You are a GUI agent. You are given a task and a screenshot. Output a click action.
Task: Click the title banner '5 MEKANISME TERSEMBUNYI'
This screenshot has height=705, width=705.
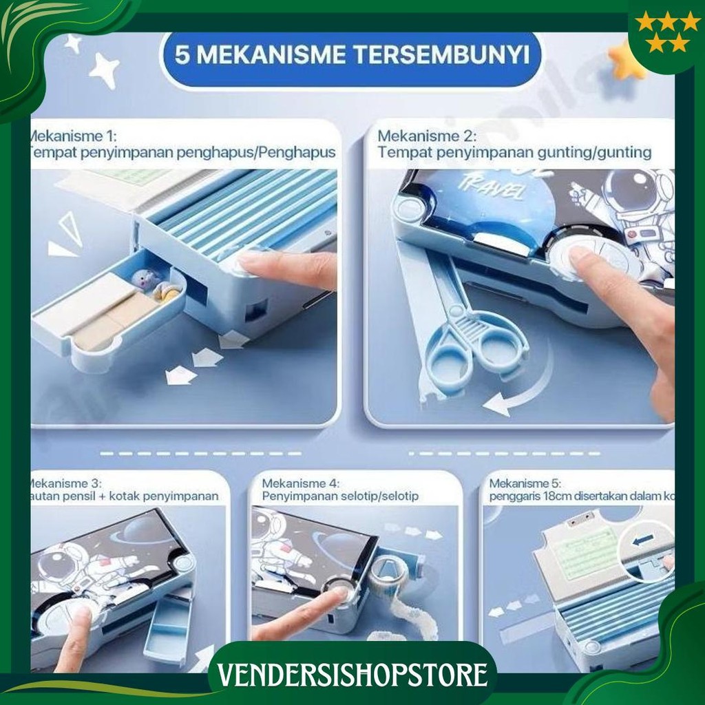click(352, 55)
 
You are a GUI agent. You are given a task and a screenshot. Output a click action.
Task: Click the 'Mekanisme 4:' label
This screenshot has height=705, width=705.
click(301, 484)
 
